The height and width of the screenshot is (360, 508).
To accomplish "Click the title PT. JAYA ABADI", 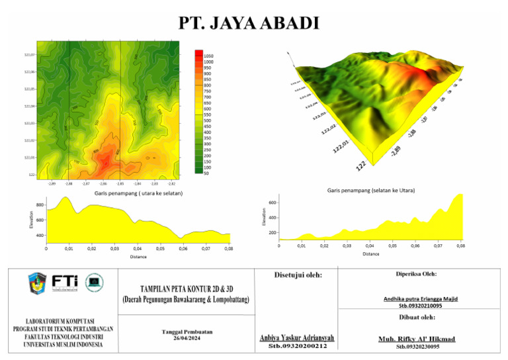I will pos(249,24).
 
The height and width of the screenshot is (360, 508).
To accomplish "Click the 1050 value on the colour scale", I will pos(208,57).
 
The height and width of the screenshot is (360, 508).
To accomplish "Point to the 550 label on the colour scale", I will pos(208,114).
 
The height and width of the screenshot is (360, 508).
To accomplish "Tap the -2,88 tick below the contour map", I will pos(69,183).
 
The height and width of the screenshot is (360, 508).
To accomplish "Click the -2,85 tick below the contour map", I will pos(120,183).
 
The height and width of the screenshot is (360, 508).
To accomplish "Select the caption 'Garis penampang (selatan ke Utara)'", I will pos(370,190).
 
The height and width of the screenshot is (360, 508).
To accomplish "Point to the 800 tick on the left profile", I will pos(40,205).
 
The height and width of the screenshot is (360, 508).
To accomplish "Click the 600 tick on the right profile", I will pos(272,202).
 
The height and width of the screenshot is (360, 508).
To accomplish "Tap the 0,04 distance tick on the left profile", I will pos(138,249).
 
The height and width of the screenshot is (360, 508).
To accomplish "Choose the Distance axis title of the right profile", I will pos(370,253).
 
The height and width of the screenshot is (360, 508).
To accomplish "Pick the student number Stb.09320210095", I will pos(421,306).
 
